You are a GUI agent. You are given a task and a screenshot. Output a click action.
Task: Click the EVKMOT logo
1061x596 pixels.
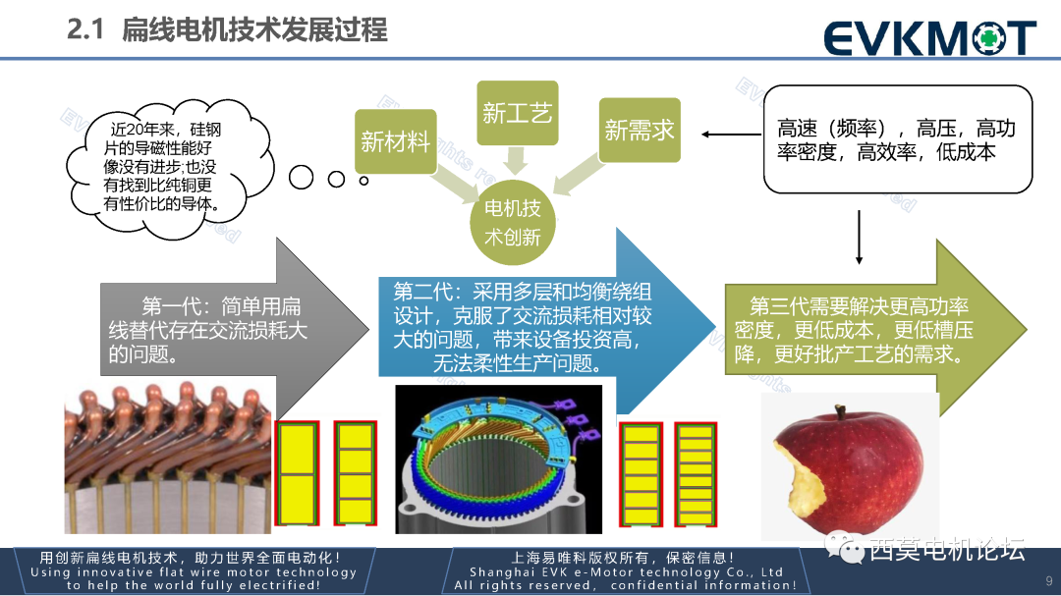pos(928,36)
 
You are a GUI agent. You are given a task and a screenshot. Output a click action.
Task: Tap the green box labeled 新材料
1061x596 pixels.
pos(395,142)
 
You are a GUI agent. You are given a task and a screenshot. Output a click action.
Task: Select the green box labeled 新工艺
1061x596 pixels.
pos(517,113)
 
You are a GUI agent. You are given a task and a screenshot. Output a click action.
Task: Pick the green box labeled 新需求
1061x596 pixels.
pos(640,130)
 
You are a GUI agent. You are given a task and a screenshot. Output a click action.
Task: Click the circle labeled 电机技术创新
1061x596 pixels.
pos(512,223)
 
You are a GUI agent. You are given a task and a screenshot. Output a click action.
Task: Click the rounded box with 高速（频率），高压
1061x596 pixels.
pos(897,139)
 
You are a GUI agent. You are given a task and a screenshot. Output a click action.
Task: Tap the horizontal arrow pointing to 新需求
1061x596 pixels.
pos(731,135)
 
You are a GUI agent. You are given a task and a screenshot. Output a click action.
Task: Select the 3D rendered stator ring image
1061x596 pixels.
pos(498,460)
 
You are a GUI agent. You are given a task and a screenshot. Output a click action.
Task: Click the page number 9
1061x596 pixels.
pos(1048,579)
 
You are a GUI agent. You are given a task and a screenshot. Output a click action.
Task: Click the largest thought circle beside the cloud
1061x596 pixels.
pos(301,178)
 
